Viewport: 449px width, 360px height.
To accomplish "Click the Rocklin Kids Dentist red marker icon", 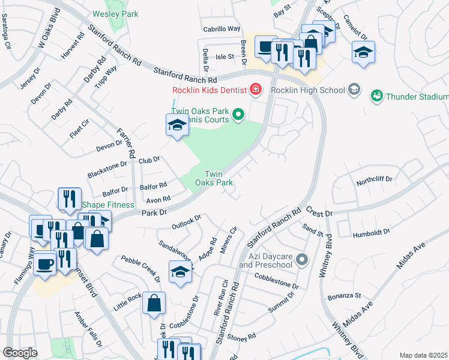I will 256,90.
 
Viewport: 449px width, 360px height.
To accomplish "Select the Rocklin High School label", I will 308,90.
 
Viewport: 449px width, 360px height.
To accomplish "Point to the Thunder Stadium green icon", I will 377,95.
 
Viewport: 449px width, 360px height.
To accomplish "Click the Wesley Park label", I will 115,14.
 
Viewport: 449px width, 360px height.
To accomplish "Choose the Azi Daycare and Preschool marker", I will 302,260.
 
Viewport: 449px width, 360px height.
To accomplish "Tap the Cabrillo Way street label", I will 221,28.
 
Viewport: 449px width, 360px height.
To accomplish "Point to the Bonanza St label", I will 344,296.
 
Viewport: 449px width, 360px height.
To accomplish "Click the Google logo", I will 20,353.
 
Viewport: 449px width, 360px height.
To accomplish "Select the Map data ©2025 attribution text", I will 423,355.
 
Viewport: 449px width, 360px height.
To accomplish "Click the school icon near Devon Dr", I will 177,125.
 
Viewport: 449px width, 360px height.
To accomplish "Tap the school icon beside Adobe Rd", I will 181,271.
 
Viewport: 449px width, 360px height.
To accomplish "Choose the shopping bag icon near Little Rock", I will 154,303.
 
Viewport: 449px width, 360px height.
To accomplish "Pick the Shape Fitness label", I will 100,204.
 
